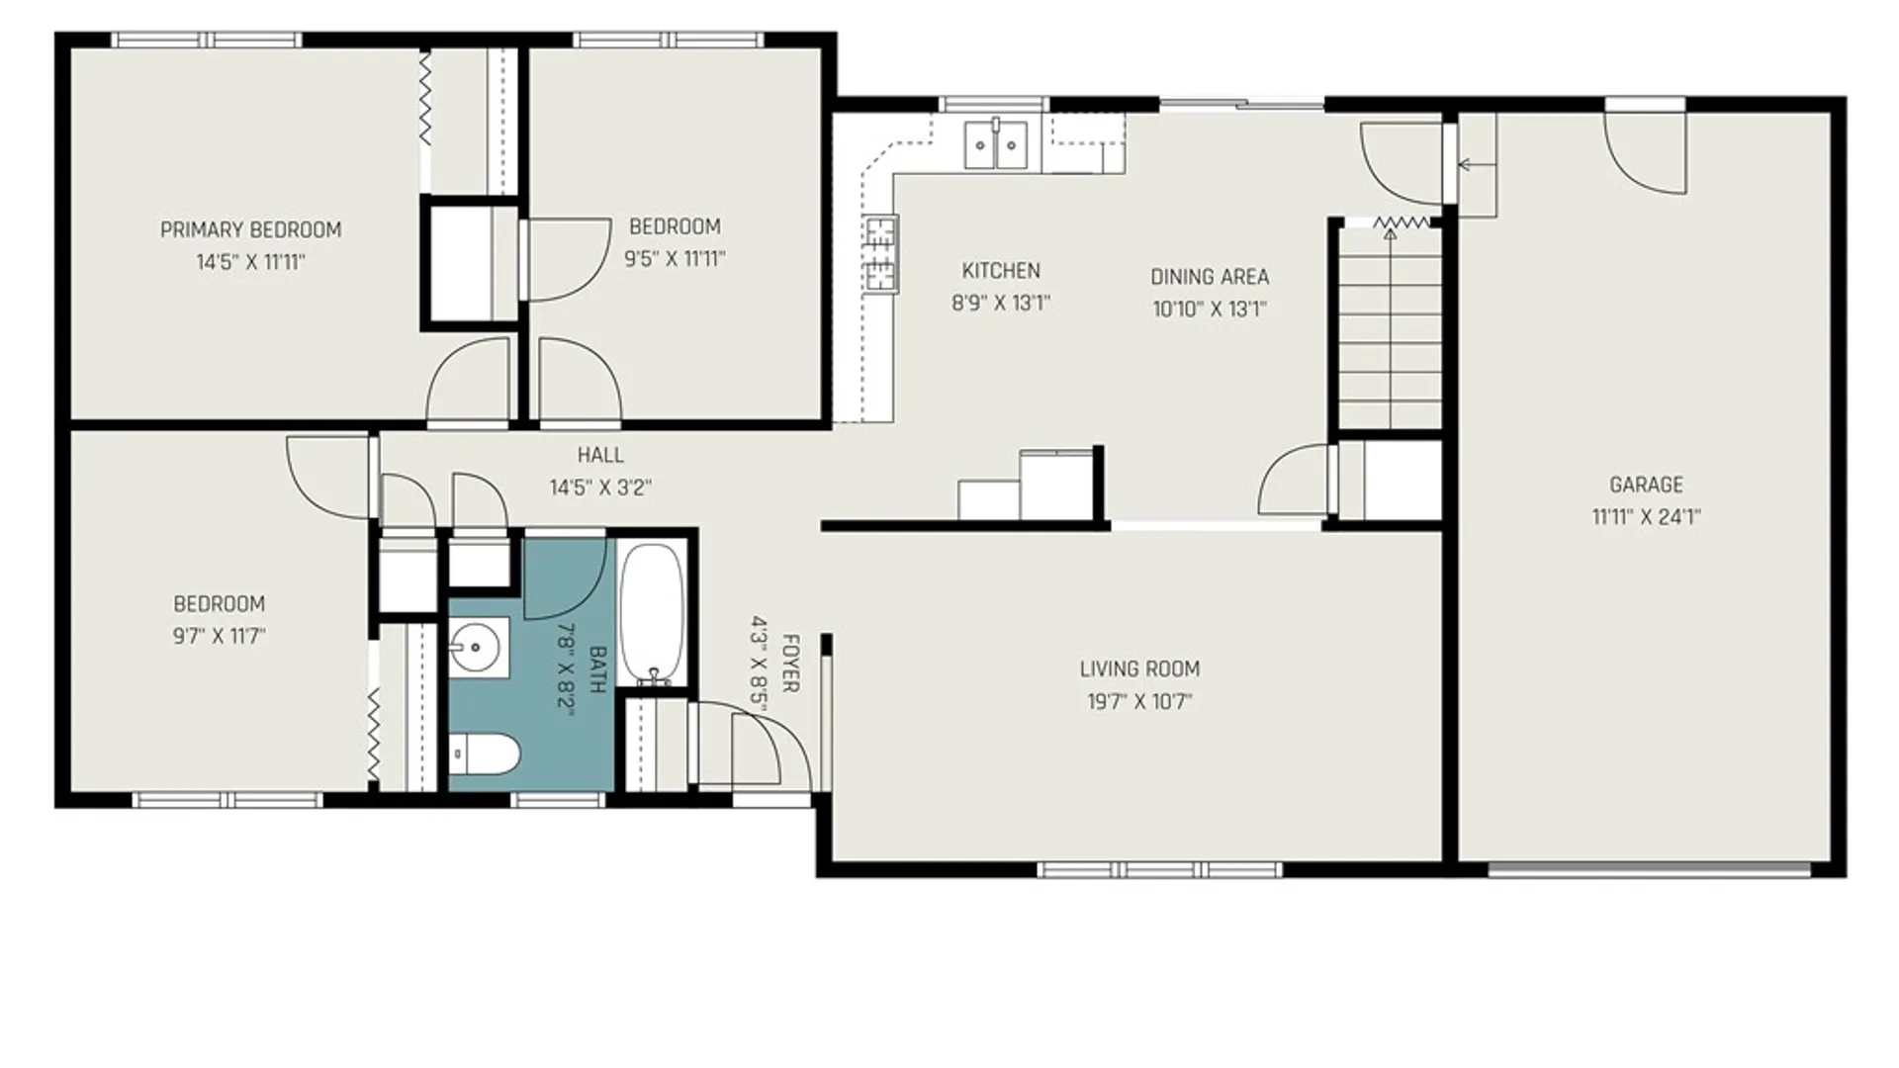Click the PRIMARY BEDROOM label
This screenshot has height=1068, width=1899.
pos(250,230)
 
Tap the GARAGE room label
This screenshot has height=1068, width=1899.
pos(1646,485)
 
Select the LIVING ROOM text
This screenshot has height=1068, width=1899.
pos(1139,669)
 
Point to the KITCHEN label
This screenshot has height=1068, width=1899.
pos(1001,271)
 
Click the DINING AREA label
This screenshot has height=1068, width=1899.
pos(1209,277)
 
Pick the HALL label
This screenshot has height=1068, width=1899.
pos(600,456)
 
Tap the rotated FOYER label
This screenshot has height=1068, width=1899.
pos(790,664)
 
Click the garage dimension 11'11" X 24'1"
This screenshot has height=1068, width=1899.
pos(1646,517)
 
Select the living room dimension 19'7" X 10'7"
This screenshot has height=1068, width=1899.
pos(1139,702)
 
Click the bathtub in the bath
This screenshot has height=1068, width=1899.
pos(652,613)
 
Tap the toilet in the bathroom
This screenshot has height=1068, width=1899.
pos(484,756)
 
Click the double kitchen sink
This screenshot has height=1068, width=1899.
pos(996,144)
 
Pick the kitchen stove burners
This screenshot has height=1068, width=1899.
pos(880,254)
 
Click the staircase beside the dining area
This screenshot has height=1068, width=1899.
pos(1390,326)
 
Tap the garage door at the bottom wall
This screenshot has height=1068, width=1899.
pos(1650,871)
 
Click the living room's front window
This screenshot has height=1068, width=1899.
pos(1159,870)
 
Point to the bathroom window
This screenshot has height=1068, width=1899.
pos(559,800)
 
